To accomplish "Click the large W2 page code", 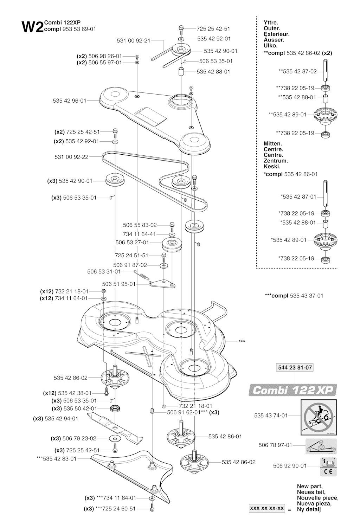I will point(32,27).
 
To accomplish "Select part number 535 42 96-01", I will point(69,101).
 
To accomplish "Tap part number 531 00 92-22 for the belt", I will point(71,157).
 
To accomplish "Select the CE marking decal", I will point(328,471).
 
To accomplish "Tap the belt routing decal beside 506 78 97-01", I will point(321,445).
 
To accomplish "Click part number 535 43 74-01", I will point(271,416).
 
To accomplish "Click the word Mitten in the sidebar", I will point(272,144).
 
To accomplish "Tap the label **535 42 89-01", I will point(287,114).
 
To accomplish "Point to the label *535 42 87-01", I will point(298,197).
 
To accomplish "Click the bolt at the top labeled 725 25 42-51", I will point(181,28).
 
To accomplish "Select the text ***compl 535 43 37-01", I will point(294,296).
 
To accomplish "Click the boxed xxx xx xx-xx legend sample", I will point(266,508).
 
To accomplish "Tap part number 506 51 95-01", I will point(118,284).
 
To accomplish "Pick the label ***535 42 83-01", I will point(56,458).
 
